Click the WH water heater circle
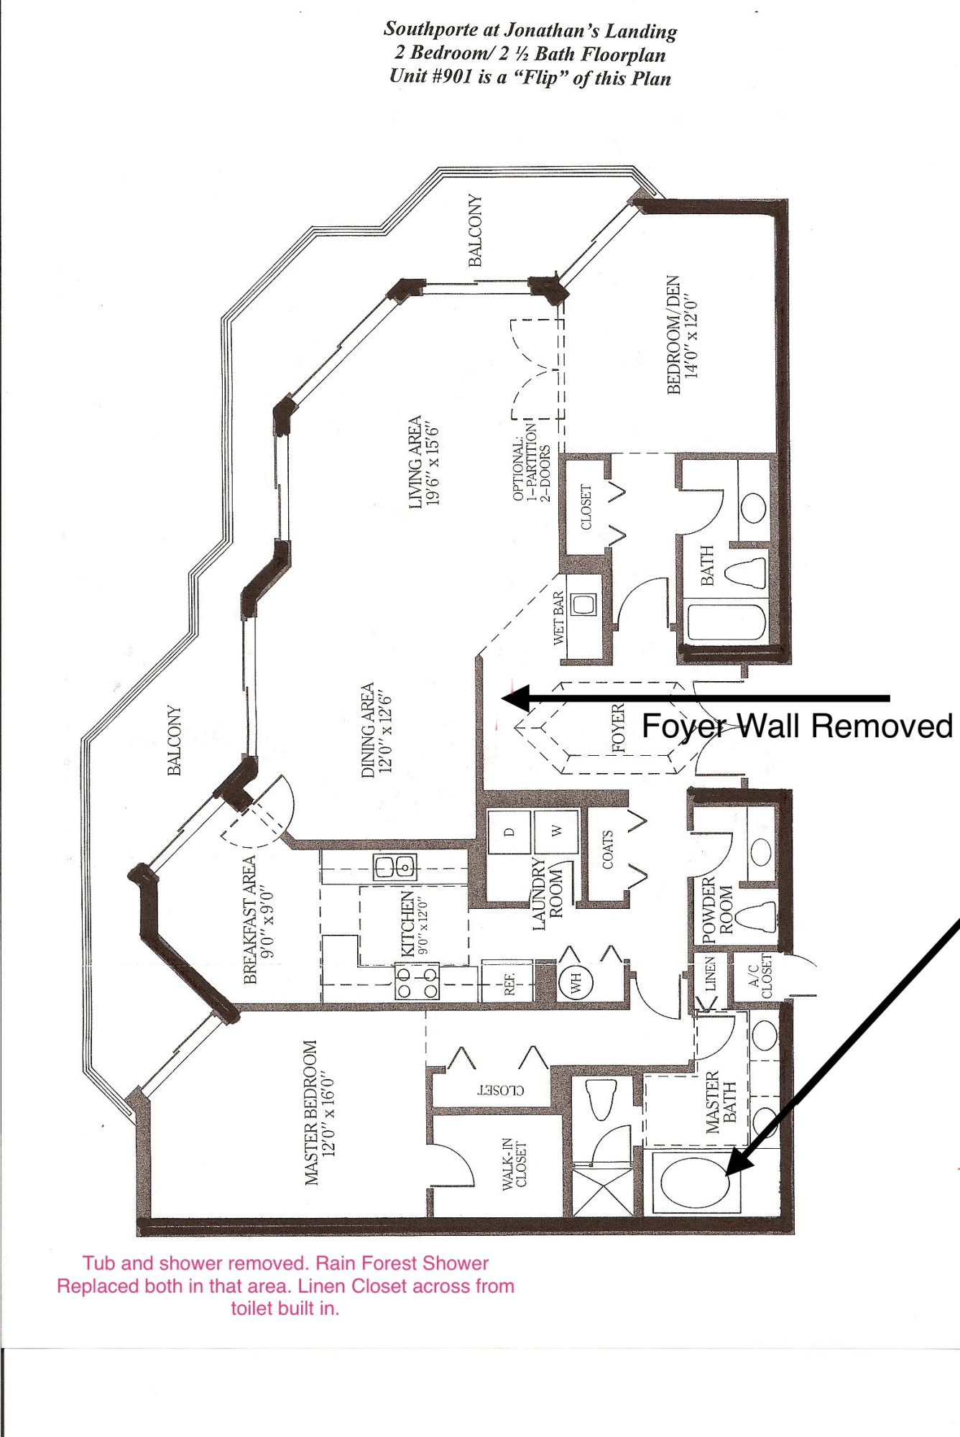[576, 981]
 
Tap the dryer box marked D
[509, 832]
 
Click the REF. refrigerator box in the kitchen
[509, 981]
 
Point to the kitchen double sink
[395, 867]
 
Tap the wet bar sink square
[583, 604]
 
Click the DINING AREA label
[377, 729]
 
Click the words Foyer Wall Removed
[796, 726]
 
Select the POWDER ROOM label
[717, 910]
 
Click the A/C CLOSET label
[760, 976]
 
